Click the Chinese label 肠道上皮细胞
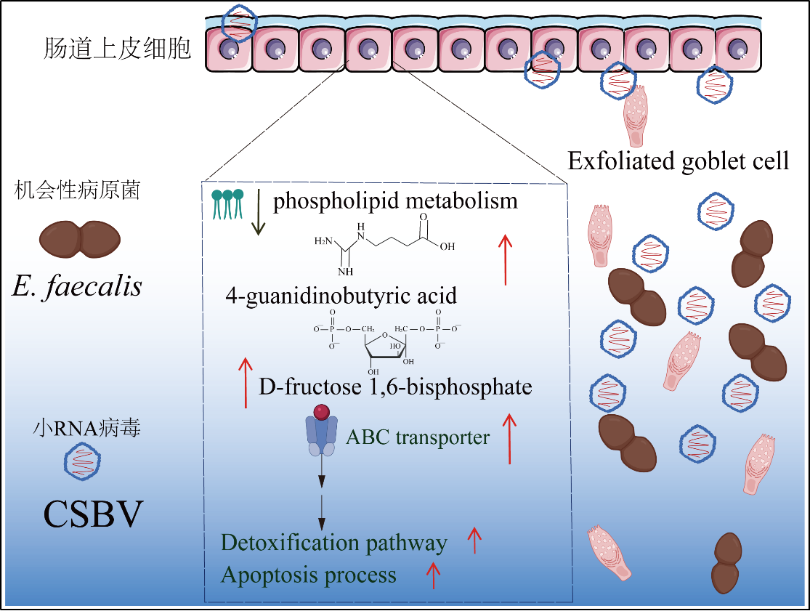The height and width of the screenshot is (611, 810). [117, 49]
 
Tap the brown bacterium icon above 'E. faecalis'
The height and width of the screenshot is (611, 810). [79, 239]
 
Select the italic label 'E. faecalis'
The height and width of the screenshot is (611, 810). [77, 286]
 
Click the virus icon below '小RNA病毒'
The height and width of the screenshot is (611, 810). [82, 462]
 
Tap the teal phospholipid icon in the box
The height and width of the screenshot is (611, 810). [227, 203]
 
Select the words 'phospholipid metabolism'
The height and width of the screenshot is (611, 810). [395, 201]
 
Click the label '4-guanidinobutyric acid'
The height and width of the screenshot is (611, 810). [341, 296]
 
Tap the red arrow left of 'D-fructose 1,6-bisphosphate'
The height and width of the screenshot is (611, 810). [246, 382]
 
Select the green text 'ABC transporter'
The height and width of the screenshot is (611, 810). [418, 437]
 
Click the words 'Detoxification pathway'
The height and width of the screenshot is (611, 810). [333, 543]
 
